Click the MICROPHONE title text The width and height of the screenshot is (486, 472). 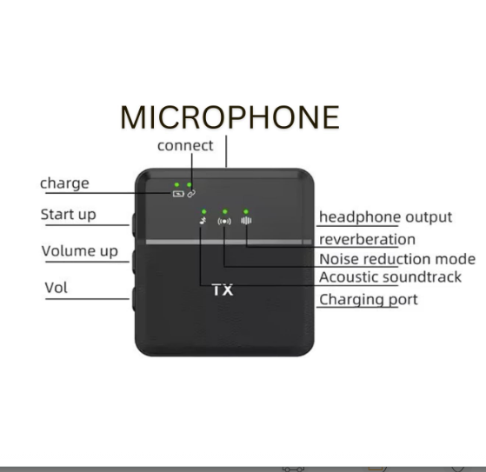tap(230, 117)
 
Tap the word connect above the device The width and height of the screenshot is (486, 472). tap(185, 146)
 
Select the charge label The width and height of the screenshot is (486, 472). tap(64, 183)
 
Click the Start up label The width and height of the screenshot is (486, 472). tap(68, 215)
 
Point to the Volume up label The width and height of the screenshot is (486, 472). tap(80, 251)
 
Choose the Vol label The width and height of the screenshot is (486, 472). tap(57, 288)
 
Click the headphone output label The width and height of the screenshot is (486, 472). tap(385, 217)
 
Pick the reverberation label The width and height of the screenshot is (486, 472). tap(367, 240)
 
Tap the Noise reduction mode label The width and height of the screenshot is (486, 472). tap(397, 259)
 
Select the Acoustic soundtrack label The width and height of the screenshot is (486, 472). tap(390, 277)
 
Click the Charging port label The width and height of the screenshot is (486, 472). tap(369, 300)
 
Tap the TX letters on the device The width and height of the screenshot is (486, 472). tap(223, 290)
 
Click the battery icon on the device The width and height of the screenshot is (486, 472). tap(178, 194)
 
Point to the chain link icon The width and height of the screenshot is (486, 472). tap(191, 194)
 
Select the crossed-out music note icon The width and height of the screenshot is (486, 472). tap(203, 221)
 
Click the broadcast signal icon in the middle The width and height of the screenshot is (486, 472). tap(224, 222)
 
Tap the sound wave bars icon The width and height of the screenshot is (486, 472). tap(246, 220)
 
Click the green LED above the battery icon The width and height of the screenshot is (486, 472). tap(176, 184)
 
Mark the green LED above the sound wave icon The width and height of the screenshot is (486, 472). tap(246, 212)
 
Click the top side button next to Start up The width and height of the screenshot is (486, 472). tap(134, 224)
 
